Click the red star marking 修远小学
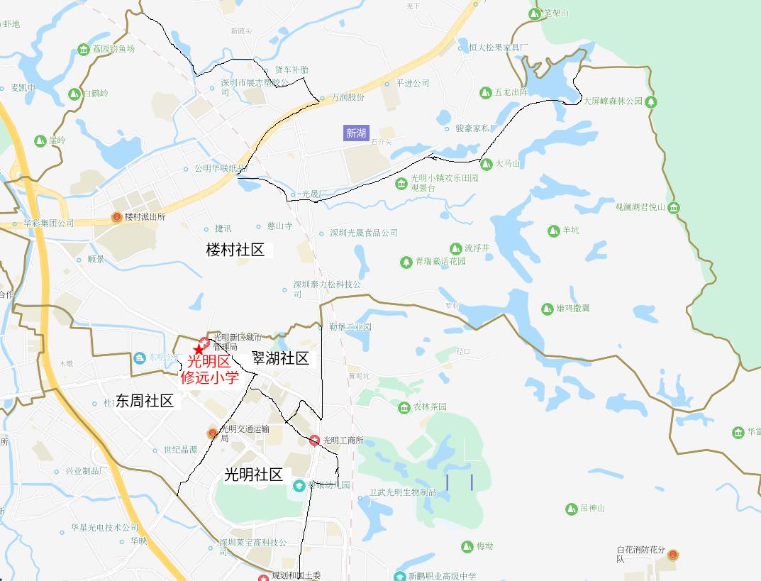(199, 350)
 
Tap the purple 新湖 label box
(356, 133)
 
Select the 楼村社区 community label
(235, 250)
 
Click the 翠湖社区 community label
(280, 358)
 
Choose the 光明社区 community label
(253, 475)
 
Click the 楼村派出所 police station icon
(116, 217)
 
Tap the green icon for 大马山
(487, 164)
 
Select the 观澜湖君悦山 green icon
(674, 207)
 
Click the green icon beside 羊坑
(553, 231)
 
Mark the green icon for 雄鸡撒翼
(547, 309)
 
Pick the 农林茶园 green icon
(404, 406)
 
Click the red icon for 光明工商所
(314, 441)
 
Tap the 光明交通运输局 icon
(212, 433)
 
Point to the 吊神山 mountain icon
(571, 509)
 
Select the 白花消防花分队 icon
(672, 554)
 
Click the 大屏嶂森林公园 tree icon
(651, 101)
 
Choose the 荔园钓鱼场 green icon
(84, 49)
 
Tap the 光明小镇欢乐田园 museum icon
(401, 184)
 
